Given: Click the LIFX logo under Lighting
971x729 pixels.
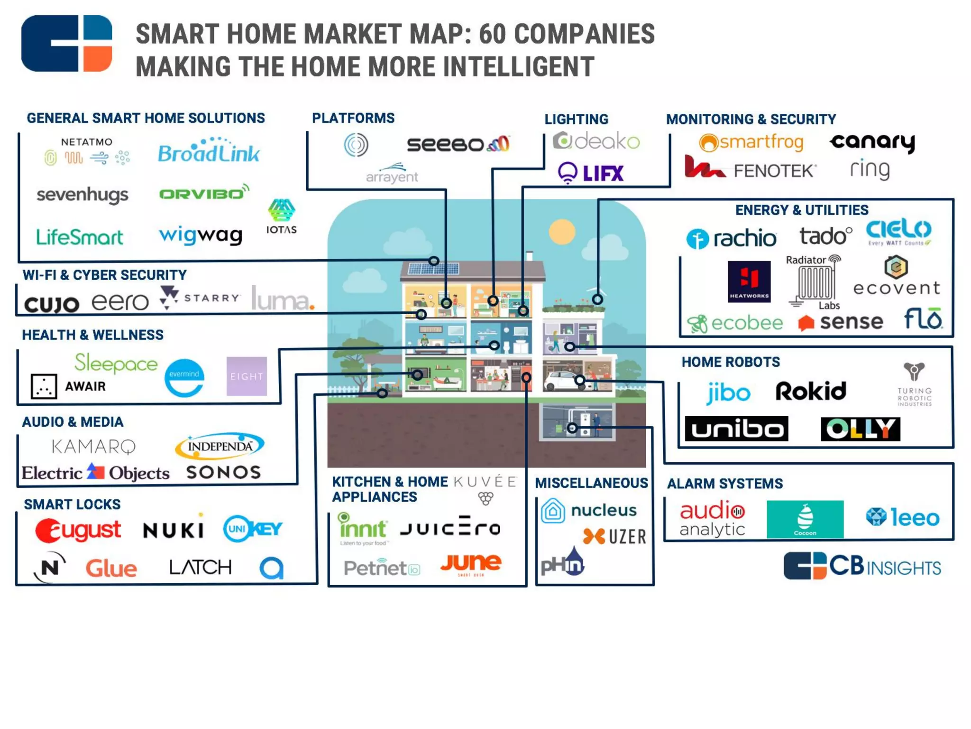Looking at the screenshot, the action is coord(591,173).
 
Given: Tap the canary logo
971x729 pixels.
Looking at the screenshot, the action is coord(872,142).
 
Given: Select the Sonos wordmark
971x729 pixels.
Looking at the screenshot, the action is coord(223,472).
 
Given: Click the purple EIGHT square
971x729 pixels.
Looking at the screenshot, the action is coord(247,376).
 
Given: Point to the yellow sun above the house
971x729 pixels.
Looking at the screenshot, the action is coord(562,232).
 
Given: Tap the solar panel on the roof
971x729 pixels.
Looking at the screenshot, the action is coord(433,269).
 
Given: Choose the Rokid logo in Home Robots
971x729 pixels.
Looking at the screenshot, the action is coord(811,392).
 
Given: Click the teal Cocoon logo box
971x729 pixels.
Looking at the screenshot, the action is coord(805,519).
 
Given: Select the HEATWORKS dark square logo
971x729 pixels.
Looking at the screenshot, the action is coord(749,281).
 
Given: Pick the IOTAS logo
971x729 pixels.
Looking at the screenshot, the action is coord(281,217).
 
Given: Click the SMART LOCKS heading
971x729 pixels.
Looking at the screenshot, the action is coord(72,505).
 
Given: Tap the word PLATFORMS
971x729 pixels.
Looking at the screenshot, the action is coord(353,118).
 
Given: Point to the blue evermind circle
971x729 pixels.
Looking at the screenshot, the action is coord(184,377).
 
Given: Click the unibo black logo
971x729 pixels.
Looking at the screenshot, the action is coord(736,429).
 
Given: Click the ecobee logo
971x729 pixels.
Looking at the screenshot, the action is coord(735,323).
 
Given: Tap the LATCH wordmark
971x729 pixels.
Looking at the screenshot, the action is coord(201,567).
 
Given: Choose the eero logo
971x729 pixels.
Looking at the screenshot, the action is coord(120,302).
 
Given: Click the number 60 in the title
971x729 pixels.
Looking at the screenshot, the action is coord(493,34).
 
